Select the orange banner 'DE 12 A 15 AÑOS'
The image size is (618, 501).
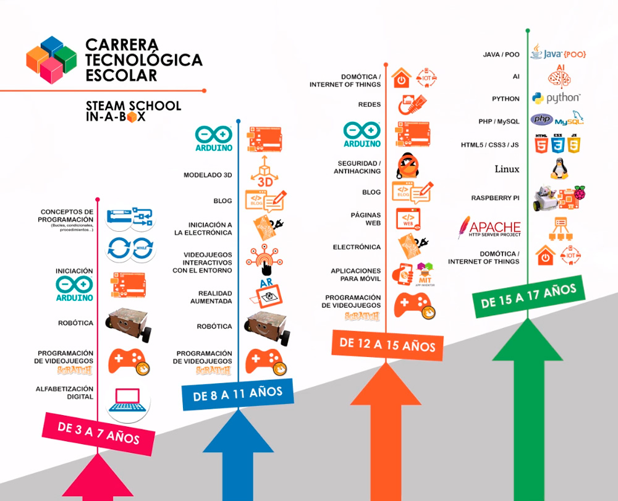[387, 343]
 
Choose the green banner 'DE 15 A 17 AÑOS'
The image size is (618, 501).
[528, 295]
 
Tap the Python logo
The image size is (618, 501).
[556, 98]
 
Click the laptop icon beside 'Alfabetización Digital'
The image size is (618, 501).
[130, 400]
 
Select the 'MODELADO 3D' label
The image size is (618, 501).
[208, 175]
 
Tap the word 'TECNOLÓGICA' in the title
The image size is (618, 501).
[144, 60]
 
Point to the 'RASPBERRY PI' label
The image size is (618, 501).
[496, 198]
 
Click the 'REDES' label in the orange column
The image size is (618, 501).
[369, 104]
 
